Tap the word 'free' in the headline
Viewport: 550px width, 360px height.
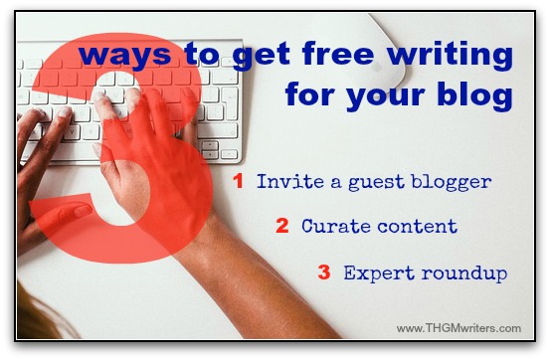coord(338,54)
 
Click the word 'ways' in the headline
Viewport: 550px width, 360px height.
coord(125,56)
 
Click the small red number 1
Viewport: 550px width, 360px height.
coord(239,181)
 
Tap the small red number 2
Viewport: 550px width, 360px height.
coord(282,226)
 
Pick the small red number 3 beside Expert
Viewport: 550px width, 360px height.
coord(324,271)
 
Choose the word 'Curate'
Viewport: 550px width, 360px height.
coord(336,226)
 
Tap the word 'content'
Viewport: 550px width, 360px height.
coord(418,227)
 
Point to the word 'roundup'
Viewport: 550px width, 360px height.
coord(464,272)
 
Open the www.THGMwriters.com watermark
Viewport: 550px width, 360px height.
coord(458,328)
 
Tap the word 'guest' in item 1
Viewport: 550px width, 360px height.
coord(376,183)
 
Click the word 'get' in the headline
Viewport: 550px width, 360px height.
coord(261,56)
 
